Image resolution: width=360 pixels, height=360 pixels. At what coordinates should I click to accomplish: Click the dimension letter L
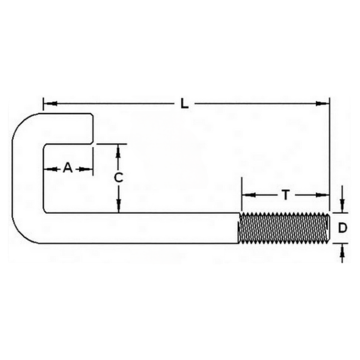point(185,104)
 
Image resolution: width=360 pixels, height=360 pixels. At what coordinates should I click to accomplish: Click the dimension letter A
point(68,168)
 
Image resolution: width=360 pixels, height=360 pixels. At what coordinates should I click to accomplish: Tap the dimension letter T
point(285,195)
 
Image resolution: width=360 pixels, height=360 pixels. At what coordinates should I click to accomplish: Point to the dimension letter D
point(343,228)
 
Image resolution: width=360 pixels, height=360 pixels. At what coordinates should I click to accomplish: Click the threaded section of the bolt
point(284,228)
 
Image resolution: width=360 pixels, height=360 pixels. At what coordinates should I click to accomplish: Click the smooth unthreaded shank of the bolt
point(141,228)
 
